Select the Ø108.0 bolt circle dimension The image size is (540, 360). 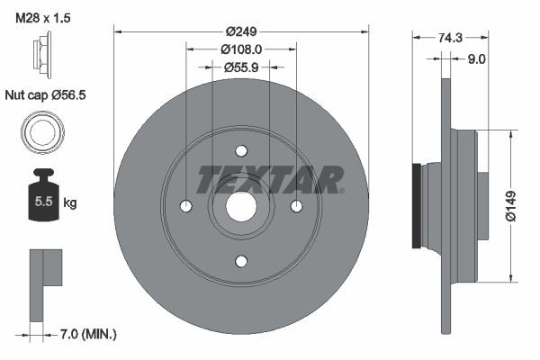coord(241,49)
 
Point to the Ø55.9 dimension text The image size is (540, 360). coord(241,67)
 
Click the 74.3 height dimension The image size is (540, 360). coord(450,37)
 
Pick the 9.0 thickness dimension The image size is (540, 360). coord(476,59)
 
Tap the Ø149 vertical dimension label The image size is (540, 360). coord(511,205)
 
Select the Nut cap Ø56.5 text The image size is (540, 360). coord(47,94)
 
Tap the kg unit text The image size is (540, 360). coord(70,203)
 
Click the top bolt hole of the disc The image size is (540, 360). coord(241,151)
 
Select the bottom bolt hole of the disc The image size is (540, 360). coord(241,261)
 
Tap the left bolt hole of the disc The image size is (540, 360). coord(186,206)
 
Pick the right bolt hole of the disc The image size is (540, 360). coord(296,206)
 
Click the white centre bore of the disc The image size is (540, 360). coord(241,206)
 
